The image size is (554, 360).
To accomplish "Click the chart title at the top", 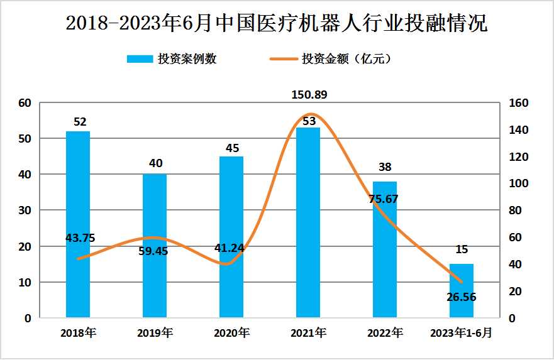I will click(277, 24).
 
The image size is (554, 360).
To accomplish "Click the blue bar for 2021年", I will click(308, 222).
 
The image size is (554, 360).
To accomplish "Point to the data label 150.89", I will click(309, 95).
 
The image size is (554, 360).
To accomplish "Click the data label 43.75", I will click(80, 238).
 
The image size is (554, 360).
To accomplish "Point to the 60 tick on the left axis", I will click(25, 103).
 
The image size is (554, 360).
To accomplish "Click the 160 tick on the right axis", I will click(519, 103).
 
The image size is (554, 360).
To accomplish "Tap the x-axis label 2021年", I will click(309, 333).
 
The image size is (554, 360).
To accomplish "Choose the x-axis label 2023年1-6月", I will click(461, 333).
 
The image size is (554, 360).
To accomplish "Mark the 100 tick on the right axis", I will click(519, 184).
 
